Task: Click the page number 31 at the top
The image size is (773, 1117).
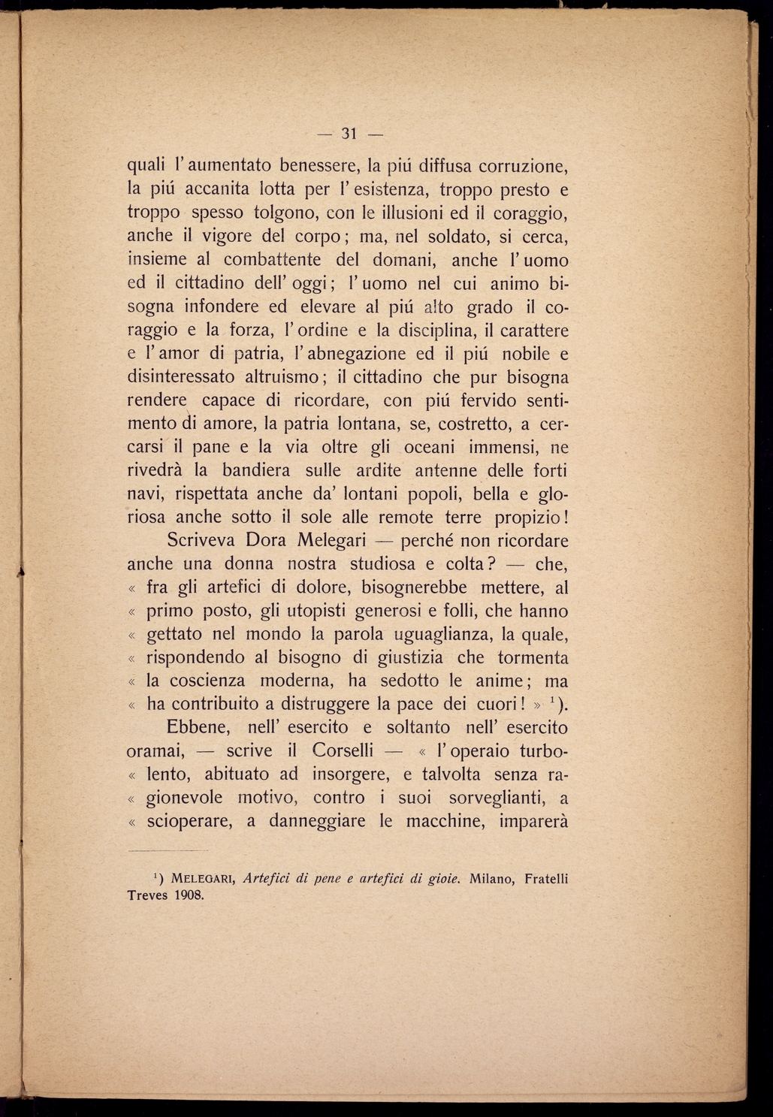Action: pyautogui.click(x=348, y=134)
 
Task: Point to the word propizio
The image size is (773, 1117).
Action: pyautogui.click(x=525, y=518)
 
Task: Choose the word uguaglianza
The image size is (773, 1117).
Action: pyautogui.click(x=434, y=635)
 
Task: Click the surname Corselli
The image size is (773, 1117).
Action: pyautogui.click(x=342, y=751)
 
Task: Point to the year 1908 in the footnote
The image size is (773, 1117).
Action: pyautogui.click(x=189, y=895)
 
